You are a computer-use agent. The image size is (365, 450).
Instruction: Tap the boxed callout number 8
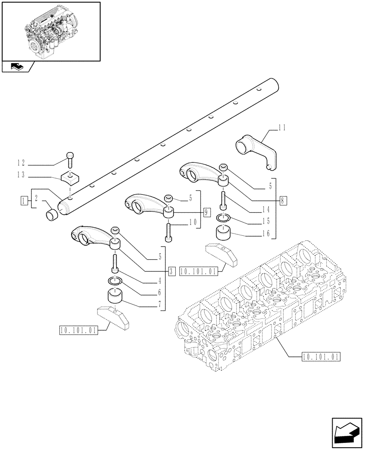pos(282,201)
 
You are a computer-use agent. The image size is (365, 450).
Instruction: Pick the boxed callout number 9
pos(206,212)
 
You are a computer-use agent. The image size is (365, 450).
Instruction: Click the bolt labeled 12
pos(70,157)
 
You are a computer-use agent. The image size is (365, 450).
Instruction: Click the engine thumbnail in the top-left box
pos(51,31)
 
